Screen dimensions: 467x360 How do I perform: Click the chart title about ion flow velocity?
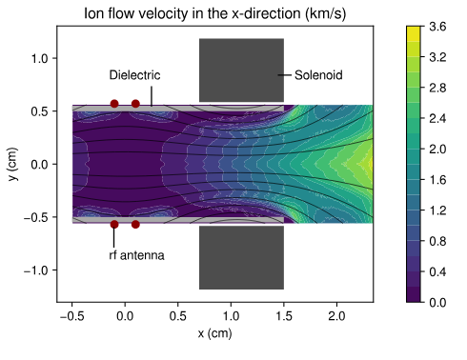215,13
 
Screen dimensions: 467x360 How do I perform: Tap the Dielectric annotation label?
134,75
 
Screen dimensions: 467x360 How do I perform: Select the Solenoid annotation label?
318,75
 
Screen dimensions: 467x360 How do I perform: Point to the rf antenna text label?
136,255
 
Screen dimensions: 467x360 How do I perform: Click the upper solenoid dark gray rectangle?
241,70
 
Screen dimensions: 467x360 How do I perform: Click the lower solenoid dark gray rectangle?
241,257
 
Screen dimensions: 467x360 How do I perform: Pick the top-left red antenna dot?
114,104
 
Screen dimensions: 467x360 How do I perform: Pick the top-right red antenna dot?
135,104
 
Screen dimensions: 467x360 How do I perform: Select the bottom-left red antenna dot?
114,225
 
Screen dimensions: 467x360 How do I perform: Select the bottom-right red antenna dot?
135,225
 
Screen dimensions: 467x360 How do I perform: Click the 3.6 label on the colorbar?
437,27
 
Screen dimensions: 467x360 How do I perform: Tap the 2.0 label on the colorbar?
437,150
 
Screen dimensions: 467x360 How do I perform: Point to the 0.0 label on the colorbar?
437,303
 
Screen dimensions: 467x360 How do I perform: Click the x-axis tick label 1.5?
284,316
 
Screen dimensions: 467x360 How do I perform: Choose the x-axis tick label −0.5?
71,316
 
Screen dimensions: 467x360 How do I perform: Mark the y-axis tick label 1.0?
39,58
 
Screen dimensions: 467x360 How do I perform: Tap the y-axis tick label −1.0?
36,270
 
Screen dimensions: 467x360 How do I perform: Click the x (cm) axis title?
215,333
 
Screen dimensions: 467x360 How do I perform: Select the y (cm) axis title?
13,164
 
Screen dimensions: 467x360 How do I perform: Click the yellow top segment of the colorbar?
413,34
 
